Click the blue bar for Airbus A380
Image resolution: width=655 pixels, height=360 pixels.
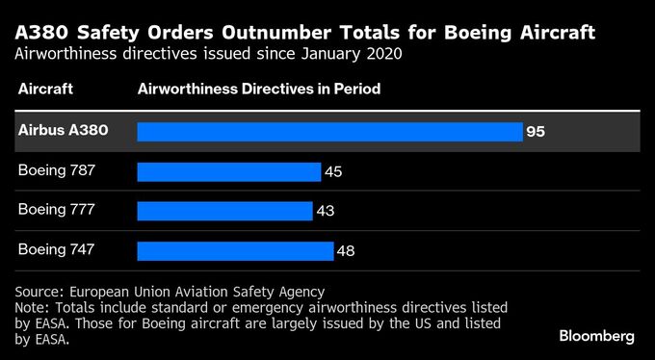pyautogui.click(x=329, y=132)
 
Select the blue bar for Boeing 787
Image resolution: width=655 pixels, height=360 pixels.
pyautogui.click(x=228, y=171)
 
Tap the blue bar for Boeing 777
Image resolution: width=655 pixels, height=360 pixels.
pyautogui.click(x=224, y=211)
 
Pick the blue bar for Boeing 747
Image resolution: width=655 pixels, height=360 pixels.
pyautogui.click(x=235, y=250)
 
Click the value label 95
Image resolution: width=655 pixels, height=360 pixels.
pyautogui.click(x=536, y=132)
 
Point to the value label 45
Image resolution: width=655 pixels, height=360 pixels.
pyautogui.click(x=332, y=171)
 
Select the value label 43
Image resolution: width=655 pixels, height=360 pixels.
pyautogui.click(x=325, y=211)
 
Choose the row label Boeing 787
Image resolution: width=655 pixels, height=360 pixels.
pyautogui.click(x=57, y=169)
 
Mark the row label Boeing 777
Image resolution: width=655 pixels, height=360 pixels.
pyautogui.click(x=57, y=209)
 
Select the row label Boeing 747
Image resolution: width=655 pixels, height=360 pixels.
pyautogui.click(x=57, y=248)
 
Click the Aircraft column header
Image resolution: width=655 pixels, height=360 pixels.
pyautogui.click(x=45, y=89)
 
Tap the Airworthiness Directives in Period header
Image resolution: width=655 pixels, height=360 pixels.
pyautogui.click(x=259, y=89)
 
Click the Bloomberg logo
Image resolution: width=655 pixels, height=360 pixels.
pyautogui.click(x=596, y=336)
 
